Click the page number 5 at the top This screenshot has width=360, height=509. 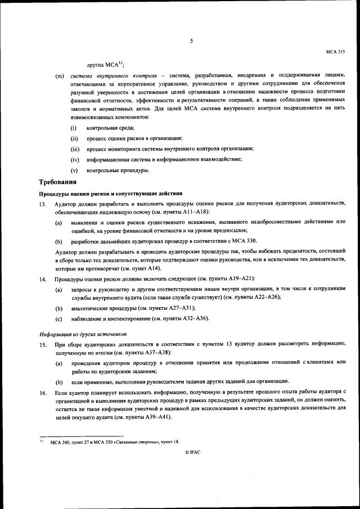(x=191, y=40)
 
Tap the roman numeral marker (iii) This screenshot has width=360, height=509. (x=75, y=149)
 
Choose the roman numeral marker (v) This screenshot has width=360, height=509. (x=74, y=170)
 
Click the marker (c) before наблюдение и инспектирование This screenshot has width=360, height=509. (x=58, y=319)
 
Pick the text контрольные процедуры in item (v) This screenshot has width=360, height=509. (x=118, y=170)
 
